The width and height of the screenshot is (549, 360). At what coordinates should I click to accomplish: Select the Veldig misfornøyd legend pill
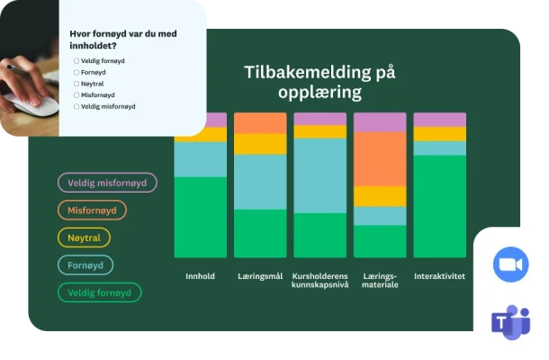[108, 183]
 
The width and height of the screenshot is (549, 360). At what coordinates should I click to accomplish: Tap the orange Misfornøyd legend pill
[93, 211]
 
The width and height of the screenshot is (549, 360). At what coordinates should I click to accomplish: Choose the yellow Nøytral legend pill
[84, 238]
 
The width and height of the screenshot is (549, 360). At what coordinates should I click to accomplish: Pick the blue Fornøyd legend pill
[86, 265]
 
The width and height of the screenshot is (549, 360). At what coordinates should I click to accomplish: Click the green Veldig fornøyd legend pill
[100, 292]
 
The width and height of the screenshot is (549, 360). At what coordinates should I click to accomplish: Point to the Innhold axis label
[200, 276]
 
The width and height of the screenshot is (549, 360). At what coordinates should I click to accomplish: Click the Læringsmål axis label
[260, 276]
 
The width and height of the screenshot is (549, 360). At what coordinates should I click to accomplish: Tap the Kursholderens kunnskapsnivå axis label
[319, 281]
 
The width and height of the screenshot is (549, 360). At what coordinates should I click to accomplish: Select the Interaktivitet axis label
[439, 276]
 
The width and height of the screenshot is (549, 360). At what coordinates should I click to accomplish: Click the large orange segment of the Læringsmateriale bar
[380, 158]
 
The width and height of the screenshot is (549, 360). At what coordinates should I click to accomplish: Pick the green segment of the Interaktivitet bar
[439, 206]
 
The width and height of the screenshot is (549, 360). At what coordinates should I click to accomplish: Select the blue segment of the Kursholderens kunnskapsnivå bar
[319, 175]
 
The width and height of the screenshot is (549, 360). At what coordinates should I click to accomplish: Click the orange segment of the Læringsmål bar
[260, 122]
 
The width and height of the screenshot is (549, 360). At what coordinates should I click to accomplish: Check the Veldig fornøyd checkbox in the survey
[76, 60]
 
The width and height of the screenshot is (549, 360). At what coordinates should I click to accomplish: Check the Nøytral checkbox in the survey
[76, 83]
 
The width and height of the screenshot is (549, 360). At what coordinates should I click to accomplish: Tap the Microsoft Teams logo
[510, 323]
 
